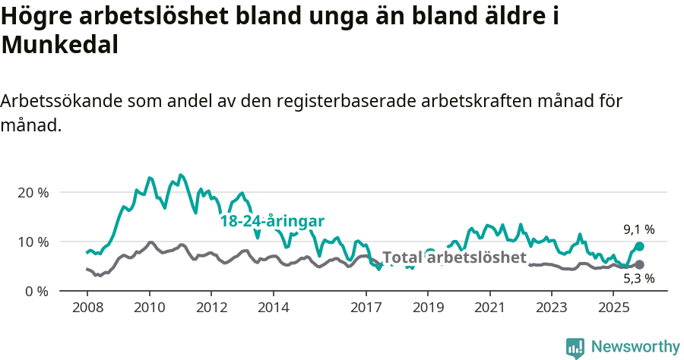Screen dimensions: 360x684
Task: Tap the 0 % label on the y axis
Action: pyautogui.click(x=36, y=291)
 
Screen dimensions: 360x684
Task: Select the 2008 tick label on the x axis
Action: pyautogui.click(x=87, y=308)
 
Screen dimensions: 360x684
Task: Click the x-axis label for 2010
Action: pyautogui.click(x=150, y=308)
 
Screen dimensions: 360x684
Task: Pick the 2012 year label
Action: pyautogui.click(x=211, y=308)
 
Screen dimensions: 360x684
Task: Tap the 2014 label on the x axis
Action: pyautogui.click(x=273, y=308)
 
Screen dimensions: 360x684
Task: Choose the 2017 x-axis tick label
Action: pyautogui.click(x=366, y=308)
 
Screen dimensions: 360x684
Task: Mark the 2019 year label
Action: pyautogui.click(x=428, y=308)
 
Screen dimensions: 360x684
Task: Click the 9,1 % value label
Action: pyautogui.click(x=639, y=229)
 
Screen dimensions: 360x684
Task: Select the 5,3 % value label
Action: pyautogui.click(x=639, y=279)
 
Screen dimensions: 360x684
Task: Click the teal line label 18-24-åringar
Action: pyautogui.click(x=272, y=221)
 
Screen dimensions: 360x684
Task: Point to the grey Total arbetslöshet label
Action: pyautogui.click(x=454, y=257)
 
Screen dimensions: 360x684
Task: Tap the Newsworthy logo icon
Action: pyautogui.click(x=575, y=347)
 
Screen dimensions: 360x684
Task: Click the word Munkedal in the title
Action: pyautogui.click(x=60, y=45)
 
